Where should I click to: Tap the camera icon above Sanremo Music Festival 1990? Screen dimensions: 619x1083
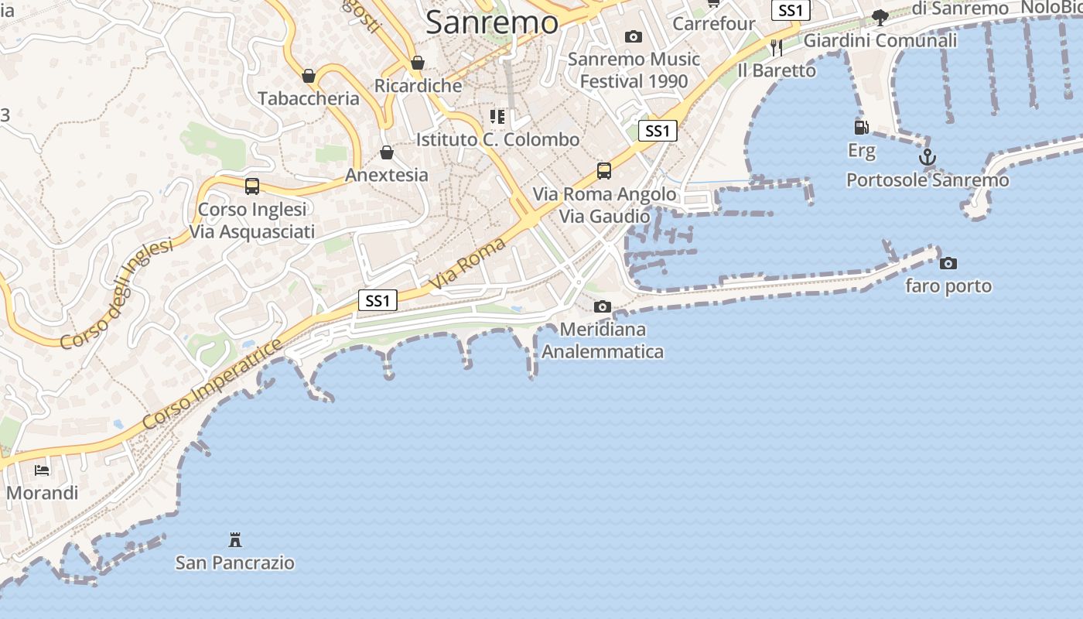[634, 36]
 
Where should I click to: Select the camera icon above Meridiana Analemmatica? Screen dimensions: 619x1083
[603, 307]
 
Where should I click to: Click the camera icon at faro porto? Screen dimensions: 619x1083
[948, 264]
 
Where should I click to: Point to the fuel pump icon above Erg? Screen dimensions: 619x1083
[861, 127]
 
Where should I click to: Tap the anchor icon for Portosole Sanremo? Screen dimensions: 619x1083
[927, 158]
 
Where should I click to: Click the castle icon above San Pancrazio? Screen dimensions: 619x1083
[235, 539]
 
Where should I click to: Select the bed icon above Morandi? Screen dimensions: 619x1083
[42, 470]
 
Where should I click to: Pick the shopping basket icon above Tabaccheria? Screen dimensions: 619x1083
[309, 76]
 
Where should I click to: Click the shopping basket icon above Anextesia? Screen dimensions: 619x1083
[387, 152]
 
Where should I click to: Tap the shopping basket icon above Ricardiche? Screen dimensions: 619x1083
[418, 63]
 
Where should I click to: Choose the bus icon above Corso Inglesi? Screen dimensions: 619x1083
[252, 186]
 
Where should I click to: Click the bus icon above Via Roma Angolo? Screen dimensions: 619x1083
[604, 171]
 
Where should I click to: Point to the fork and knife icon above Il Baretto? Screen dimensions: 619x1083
[777, 48]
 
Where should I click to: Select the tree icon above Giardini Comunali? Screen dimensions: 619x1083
[880, 17]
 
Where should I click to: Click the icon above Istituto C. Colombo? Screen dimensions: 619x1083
[497, 117]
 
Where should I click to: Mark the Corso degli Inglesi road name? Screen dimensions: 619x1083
[117, 294]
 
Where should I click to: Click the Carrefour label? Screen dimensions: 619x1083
[713, 24]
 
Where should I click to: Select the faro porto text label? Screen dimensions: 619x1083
[948, 286]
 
